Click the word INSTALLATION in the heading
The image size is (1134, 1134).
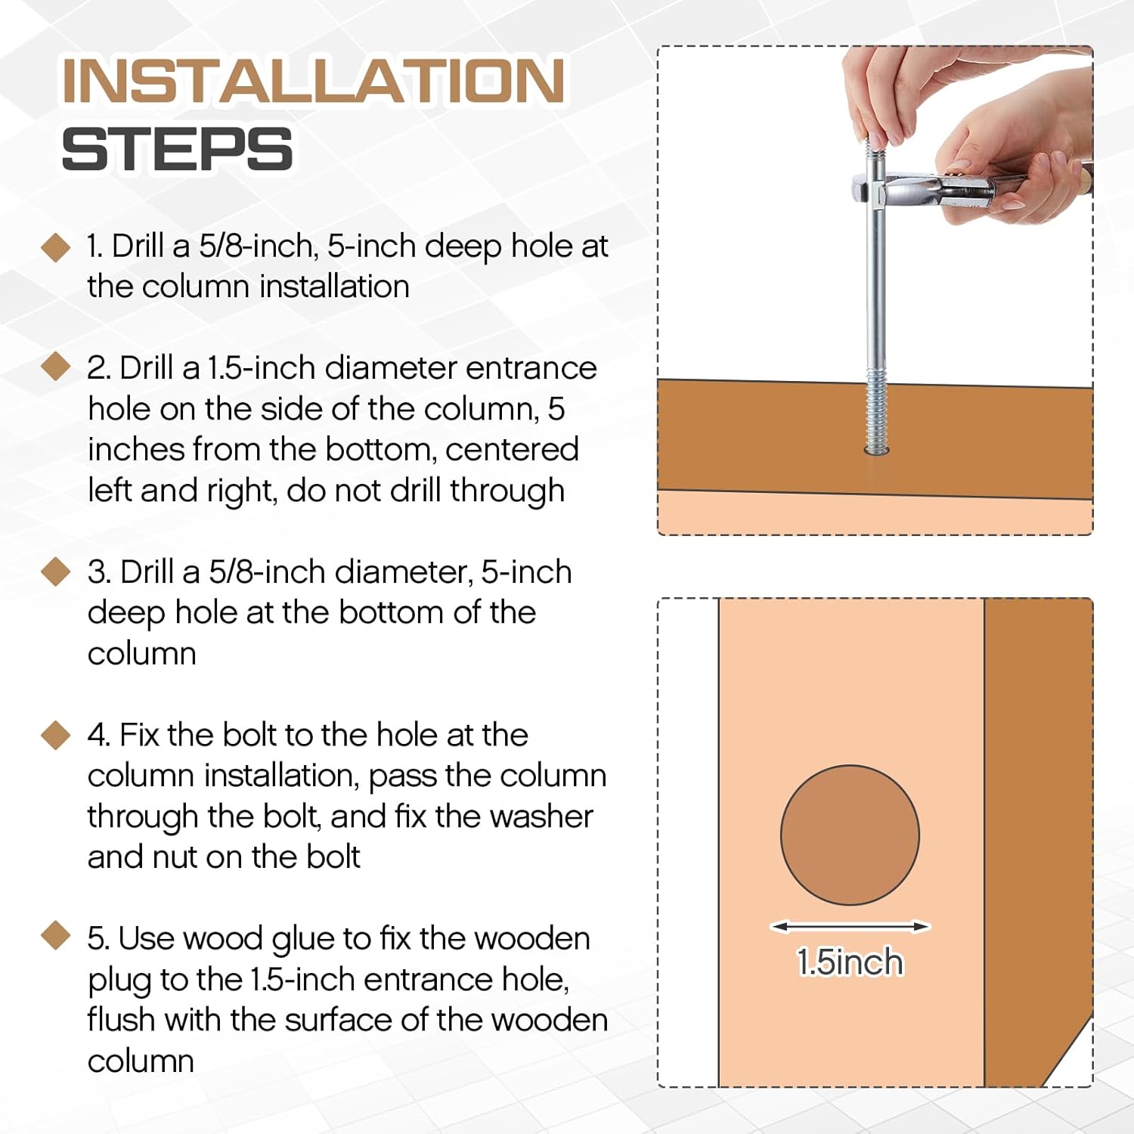click(314, 80)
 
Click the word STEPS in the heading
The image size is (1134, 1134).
click(177, 148)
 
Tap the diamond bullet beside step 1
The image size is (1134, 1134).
click(55, 247)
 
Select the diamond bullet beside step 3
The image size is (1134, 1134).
click(55, 572)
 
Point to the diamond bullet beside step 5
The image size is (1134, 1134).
click(55, 936)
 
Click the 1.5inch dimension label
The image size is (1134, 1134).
click(850, 962)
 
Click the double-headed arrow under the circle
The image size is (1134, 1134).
click(850, 926)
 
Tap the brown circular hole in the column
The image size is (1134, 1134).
click(850, 835)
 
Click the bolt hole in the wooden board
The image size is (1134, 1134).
click(877, 451)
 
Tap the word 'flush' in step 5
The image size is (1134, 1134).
click(122, 1019)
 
